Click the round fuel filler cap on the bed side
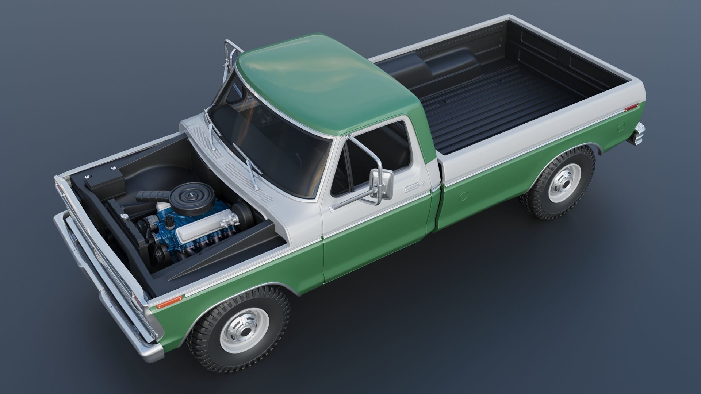click(621, 128)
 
